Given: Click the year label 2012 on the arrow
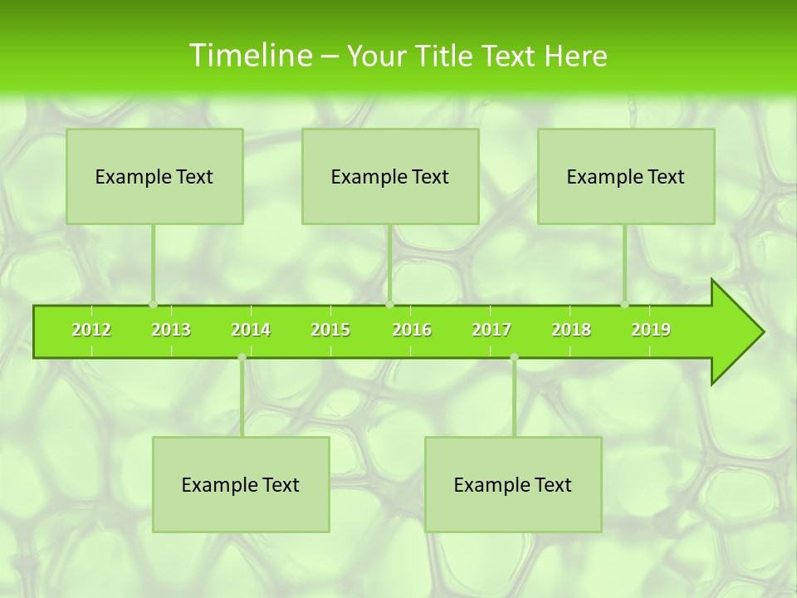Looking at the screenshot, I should (x=91, y=330).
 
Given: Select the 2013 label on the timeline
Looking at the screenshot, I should (x=171, y=330).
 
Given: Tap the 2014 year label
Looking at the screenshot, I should (x=251, y=330).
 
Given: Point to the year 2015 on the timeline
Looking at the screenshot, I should (x=330, y=330).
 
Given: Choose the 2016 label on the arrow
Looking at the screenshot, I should (x=412, y=330).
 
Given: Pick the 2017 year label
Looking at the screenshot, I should (x=491, y=330).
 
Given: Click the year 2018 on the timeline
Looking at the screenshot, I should (x=571, y=330).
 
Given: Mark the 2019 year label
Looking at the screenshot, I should (x=651, y=330).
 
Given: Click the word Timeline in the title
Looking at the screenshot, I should (x=249, y=56).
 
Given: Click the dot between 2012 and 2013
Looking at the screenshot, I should (x=153, y=304).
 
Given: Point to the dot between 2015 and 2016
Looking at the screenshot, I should (x=389, y=304).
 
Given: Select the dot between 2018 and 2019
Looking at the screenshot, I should (x=624, y=304).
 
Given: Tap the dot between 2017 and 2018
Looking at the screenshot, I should (x=514, y=357).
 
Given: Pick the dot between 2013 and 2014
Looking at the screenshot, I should (x=242, y=357).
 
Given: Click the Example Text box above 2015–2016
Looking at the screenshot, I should (x=390, y=176).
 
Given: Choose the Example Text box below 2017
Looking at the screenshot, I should (x=513, y=484).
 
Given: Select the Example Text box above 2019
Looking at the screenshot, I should (x=626, y=176).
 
